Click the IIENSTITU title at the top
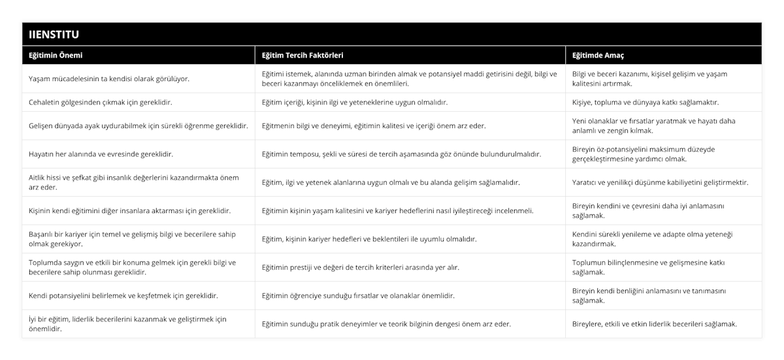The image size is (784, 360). (x=56, y=34)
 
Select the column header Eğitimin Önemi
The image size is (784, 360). (x=56, y=56)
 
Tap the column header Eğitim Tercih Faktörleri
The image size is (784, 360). (x=302, y=56)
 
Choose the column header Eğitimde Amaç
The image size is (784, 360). (x=599, y=56)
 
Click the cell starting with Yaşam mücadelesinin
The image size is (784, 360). (x=109, y=78)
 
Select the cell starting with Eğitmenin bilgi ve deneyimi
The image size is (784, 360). (x=374, y=125)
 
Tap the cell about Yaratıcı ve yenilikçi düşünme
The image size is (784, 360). (x=660, y=182)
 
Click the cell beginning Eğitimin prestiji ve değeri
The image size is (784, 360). (x=360, y=267)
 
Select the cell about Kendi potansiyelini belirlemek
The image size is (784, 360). (x=123, y=295)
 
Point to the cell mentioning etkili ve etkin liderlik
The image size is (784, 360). (x=654, y=323)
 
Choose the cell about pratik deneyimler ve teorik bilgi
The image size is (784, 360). (x=386, y=323)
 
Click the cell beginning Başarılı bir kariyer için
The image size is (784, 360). (x=133, y=238)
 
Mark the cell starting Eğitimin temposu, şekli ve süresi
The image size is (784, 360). (x=401, y=154)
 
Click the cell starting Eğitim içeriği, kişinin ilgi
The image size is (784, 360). (x=355, y=103)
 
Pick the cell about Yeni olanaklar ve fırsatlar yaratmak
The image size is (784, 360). (x=654, y=125)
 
